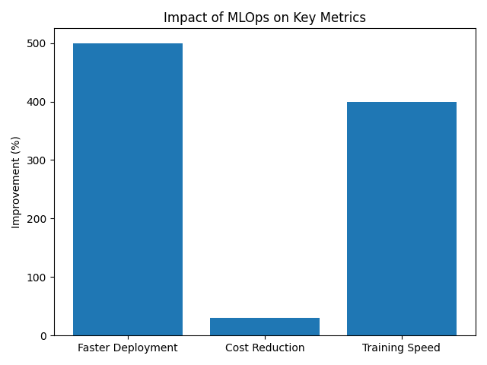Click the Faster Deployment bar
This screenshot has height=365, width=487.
(128, 189)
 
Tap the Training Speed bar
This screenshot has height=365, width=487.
(402, 218)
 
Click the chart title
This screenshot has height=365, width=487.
(265, 17)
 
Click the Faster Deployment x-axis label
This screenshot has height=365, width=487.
(128, 348)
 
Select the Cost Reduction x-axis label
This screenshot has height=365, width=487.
(265, 348)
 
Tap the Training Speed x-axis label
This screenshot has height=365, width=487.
(402, 348)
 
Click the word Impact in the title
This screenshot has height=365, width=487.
(183, 17)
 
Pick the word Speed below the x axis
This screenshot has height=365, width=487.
(425, 348)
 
